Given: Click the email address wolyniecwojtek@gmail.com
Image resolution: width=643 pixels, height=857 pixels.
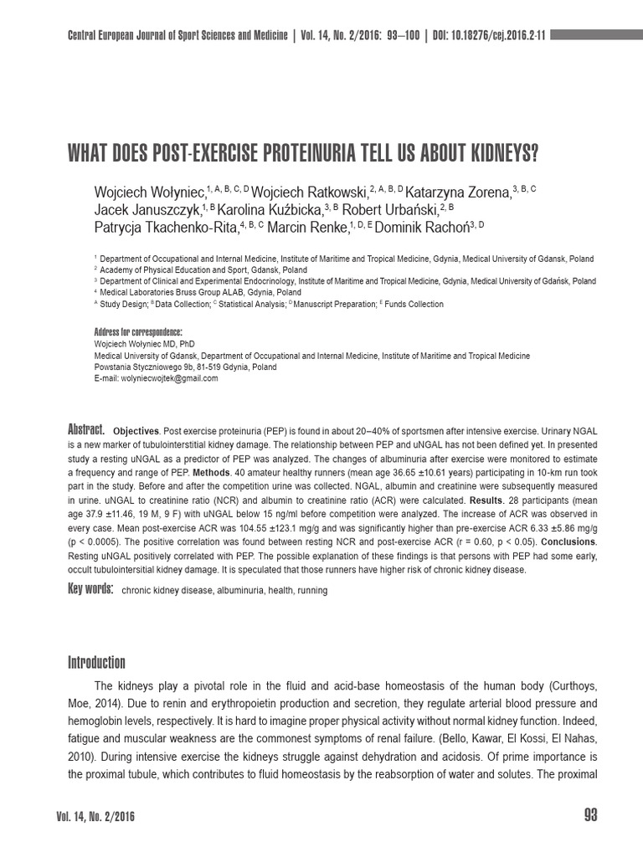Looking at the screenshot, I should click(157, 378).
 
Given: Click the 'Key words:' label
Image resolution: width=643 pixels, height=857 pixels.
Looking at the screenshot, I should click(90, 589).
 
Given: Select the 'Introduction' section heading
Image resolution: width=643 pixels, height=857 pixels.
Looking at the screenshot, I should click(96, 662).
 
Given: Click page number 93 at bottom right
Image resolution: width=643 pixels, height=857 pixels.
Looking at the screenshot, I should click(589, 816).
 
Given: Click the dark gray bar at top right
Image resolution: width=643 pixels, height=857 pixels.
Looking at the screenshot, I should click(597, 35).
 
